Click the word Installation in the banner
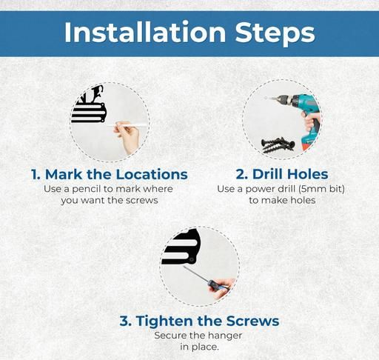pyautogui.click(x=145, y=32)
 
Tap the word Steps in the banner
pyautogui.click(x=275, y=34)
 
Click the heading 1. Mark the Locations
pyautogui.click(x=110, y=174)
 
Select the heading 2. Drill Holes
pyautogui.click(x=282, y=174)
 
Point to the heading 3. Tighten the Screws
pyautogui.click(x=199, y=321)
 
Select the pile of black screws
pyautogui.click(x=278, y=145)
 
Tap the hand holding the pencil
pyautogui.click(x=128, y=136)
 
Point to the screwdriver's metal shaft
pyautogui.click(x=195, y=273)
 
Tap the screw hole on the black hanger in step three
pyautogui.click(x=192, y=259)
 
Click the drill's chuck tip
pyautogui.click(x=266, y=98)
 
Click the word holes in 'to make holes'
pyautogui.click(x=303, y=200)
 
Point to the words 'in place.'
pyautogui.click(x=199, y=347)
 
